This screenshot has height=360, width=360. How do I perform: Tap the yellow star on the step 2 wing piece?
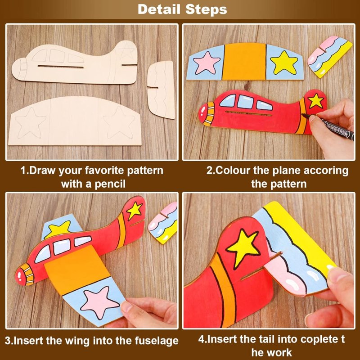click(x=284, y=62)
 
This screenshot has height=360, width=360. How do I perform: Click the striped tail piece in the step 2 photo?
click(x=330, y=57)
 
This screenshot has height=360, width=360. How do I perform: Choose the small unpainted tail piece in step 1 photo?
click(x=162, y=89)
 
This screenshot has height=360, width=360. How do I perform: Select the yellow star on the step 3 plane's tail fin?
click(x=134, y=209)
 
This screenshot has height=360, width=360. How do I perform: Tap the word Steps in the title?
click(x=205, y=9)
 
